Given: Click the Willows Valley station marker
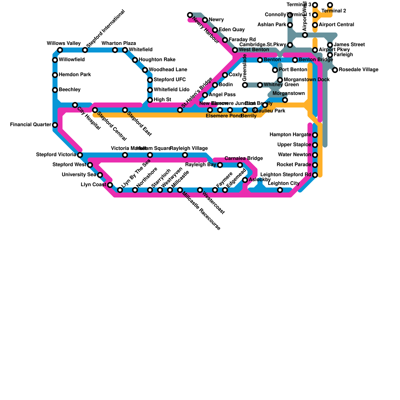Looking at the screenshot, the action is coord(60,50).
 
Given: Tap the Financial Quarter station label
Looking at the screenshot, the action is coord(30,125).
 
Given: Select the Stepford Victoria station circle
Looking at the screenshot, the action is coord(80,155).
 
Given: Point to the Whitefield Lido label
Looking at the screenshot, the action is coord(171,90).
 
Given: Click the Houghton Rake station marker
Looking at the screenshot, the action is coord(135,60).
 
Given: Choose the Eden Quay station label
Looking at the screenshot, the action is coord(231,30).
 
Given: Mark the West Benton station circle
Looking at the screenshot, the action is coord(235,50).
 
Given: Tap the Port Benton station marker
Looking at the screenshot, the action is coord(275,70).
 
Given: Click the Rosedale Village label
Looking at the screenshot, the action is coord(358,70).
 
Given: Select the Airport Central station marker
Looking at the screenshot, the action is coord(315,25).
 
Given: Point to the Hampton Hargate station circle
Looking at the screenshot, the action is coord(315,135).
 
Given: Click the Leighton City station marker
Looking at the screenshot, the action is coord(280,190).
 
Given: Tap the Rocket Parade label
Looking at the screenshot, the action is coord(294,165).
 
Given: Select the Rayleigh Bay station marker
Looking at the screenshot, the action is coord(220,165).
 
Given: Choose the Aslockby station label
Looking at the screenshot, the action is coord(260,180).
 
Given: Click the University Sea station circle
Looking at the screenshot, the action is coord(100,175).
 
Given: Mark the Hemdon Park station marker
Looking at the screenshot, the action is coord(55,75).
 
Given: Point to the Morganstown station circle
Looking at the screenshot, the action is coord(285,100).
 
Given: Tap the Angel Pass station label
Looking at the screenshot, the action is coord(222,95).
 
